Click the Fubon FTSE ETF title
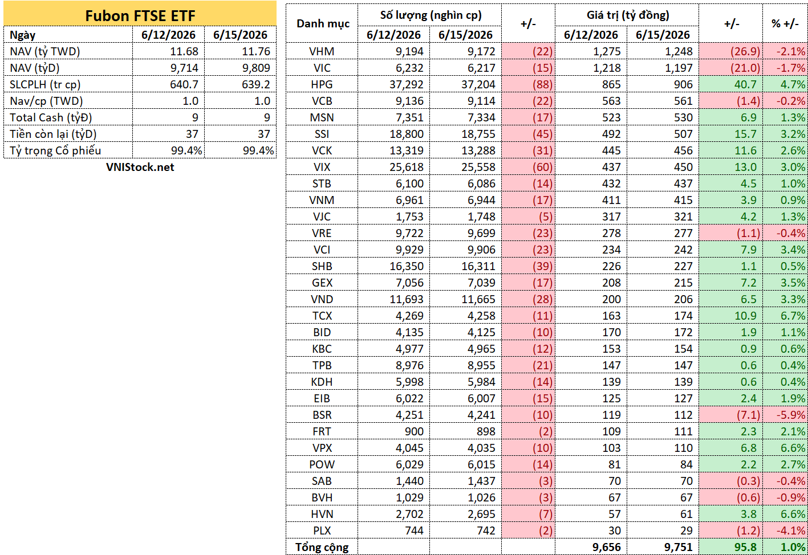pos(140,16)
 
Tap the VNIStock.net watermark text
pos(140,167)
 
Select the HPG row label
pos(322,84)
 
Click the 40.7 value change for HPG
pos(745,84)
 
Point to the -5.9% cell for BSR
pos(791,415)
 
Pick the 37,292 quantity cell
pos(406,84)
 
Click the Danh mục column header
pos(323,24)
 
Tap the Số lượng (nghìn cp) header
pos(431,15)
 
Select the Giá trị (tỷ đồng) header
pos(628,15)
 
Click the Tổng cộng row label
pos(322,547)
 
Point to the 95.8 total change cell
pos(745,547)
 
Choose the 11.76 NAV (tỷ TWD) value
pos(256,51)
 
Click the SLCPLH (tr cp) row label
pos(45,84)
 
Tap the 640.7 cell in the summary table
pos(184,84)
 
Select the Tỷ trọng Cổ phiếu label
pos(55,150)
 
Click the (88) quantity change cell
pos(542,84)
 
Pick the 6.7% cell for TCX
pos(793,316)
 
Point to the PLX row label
pos(322,530)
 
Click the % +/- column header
pos(785,24)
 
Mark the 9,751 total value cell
pos(678,547)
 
